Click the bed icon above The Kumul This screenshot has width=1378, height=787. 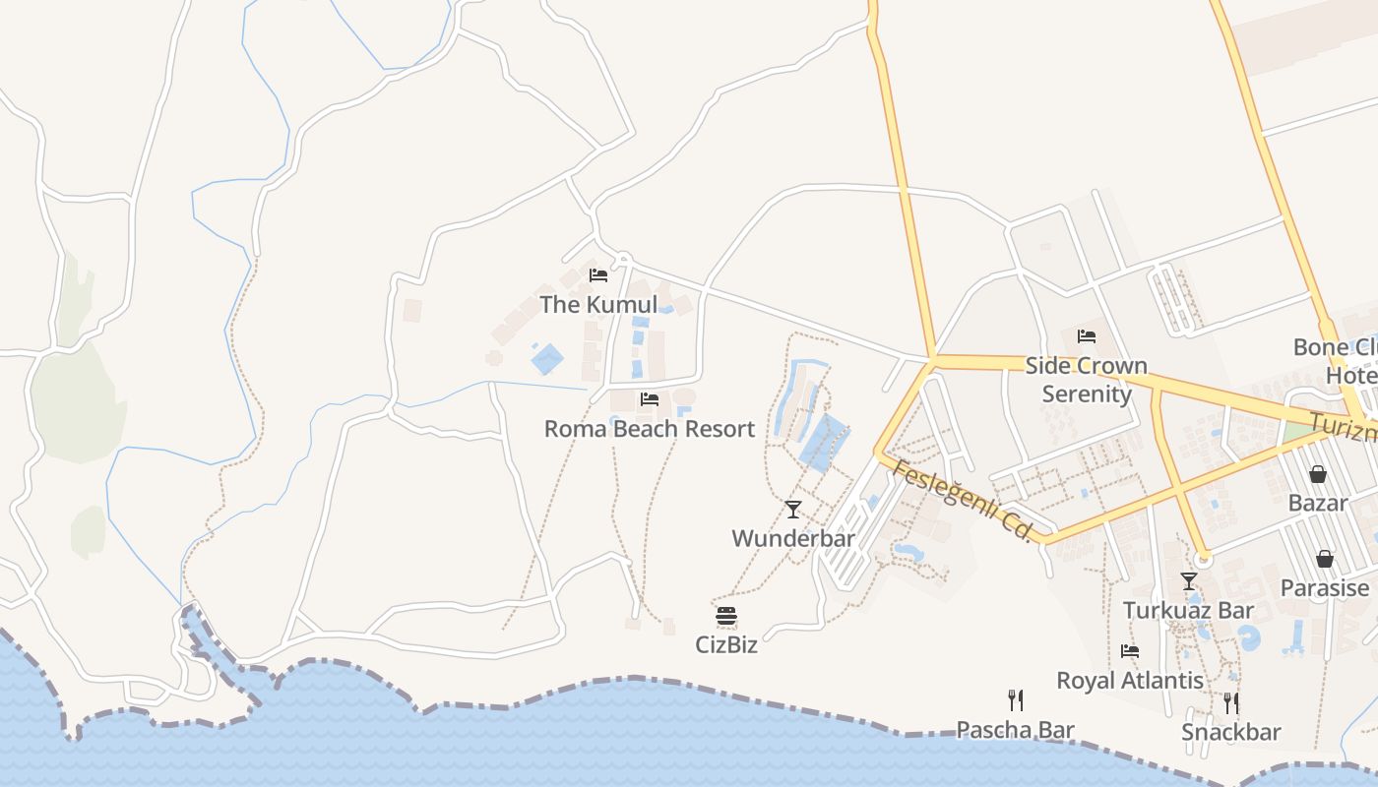tap(597, 275)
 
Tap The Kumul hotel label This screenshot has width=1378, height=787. tap(598, 305)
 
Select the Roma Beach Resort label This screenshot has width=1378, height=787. tap(650, 429)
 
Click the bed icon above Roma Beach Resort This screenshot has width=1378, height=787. tap(650, 399)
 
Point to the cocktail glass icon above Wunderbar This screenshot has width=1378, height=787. tap(793, 510)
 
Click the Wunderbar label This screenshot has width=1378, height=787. tap(793, 538)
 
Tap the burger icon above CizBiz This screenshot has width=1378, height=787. tap(726, 617)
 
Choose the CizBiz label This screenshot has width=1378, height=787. tap(726, 645)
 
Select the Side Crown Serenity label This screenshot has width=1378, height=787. tap(1087, 380)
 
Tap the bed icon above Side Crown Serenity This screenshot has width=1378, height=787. tap(1087, 336)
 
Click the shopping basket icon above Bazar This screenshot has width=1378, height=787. tap(1318, 474)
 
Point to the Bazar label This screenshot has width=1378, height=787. tap(1318, 503)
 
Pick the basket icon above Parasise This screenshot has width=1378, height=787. tap(1325, 559)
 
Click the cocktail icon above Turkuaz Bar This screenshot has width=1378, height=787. tap(1189, 581)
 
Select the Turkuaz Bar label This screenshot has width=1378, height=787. tap(1189, 610)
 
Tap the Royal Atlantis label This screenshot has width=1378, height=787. tap(1130, 680)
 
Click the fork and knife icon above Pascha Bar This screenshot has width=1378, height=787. tap(1016, 700)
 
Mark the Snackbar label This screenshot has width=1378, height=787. tap(1231, 732)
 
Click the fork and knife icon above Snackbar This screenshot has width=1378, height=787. tap(1230, 703)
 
